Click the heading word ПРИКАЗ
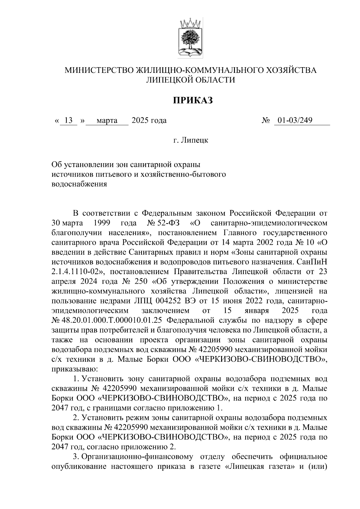tap(192, 100)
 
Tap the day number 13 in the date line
tap(69, 121)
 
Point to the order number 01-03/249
tap(295, 121)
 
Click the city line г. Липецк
tap(191, 140)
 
